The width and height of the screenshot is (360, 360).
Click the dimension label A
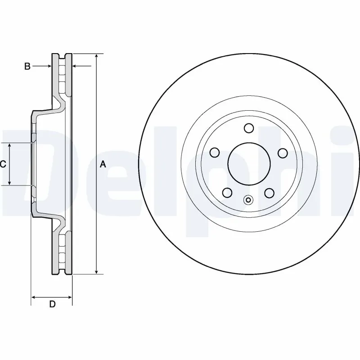pos(103,165)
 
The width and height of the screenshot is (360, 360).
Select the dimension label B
pos(27,67)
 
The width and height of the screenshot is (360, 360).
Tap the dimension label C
pos(3,164)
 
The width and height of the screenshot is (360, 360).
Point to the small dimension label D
pos(52,305)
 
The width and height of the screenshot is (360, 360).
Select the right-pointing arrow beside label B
pos(49,67)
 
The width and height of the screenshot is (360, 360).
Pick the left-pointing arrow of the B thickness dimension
pos(76,67)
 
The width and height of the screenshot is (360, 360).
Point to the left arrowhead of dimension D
pos(33,297)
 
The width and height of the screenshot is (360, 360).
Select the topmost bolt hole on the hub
pos(248,128)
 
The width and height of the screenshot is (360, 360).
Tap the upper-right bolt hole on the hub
pos(282,153)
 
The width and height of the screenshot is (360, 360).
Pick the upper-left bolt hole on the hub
pos(215,153)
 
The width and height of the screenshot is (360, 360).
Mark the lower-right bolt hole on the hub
pos(269,193)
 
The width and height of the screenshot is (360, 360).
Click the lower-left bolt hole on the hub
pos(228,193)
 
